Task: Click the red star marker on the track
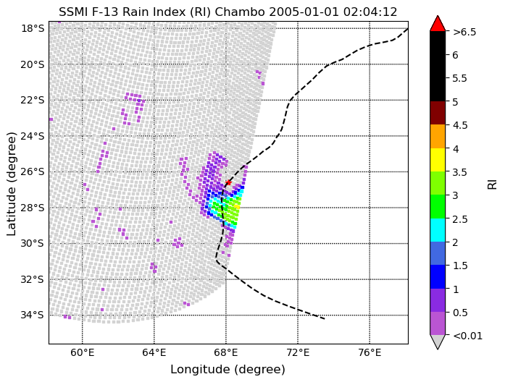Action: [228, 182]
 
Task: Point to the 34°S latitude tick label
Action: [32, 315]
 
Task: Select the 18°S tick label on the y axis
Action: [32, 28]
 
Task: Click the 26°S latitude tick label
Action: [32, 171]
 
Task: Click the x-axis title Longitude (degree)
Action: [228, 369]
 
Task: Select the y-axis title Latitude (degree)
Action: [12, 183]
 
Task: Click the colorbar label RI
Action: [492, 184]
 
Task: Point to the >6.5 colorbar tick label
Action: [464, 32]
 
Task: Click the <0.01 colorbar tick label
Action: [466, 336]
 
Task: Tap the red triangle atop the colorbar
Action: [438, 24]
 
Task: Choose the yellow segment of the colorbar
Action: [438, 160]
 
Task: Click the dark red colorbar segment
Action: [438, 113]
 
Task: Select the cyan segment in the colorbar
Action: [438, 230]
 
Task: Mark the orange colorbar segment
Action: [438, 137]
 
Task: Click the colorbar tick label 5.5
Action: [460, 78]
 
